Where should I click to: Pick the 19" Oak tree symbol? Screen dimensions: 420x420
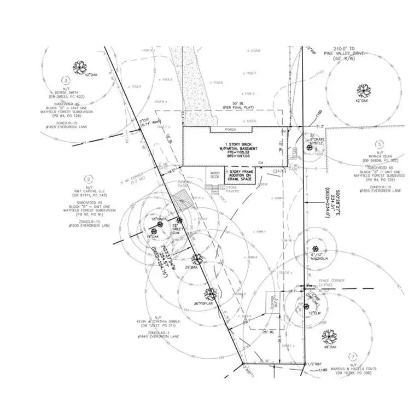[x=154, y=231]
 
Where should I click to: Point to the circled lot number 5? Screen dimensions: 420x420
[x=379, y=144]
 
